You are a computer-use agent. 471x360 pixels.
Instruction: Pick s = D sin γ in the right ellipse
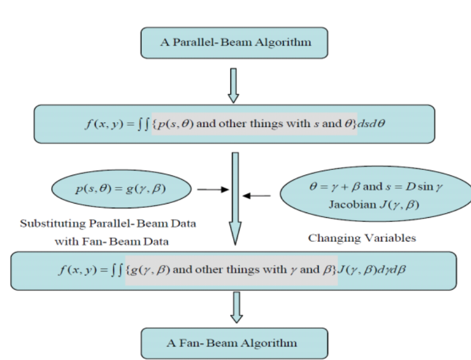401,190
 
